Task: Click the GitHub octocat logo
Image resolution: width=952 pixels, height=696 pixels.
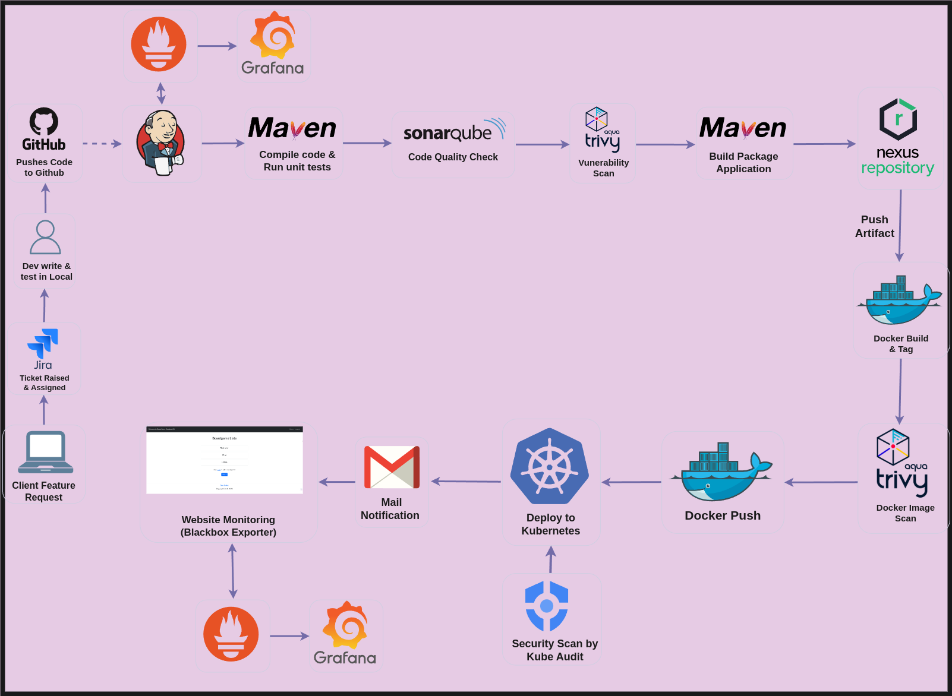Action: coord(44,121)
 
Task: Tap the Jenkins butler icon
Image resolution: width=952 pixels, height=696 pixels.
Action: coord(160,143)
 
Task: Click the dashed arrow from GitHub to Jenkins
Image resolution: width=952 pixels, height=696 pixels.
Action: coord(102,144)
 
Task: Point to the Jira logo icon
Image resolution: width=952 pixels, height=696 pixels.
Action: coord(43,344)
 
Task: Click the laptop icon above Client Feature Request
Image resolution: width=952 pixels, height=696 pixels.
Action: coord(46,452)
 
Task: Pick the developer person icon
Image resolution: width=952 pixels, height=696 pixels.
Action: coord(45,238)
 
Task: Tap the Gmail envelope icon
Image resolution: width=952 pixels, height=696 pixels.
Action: coord(392,467)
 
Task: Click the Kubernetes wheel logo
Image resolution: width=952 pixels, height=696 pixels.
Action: coord(550,466)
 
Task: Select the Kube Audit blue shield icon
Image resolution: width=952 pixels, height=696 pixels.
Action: coord(547,606)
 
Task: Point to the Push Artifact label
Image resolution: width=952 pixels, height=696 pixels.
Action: coord(874,226)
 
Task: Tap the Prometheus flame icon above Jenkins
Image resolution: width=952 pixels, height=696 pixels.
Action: coord(159,45)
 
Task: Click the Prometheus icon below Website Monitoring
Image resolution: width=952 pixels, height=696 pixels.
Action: coord(231,634)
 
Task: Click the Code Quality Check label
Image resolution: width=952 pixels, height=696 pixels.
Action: coord(453,157)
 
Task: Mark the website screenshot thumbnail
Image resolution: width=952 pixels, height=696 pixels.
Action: coord(225,460)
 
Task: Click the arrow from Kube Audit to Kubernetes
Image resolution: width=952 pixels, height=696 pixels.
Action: coord(551,559)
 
